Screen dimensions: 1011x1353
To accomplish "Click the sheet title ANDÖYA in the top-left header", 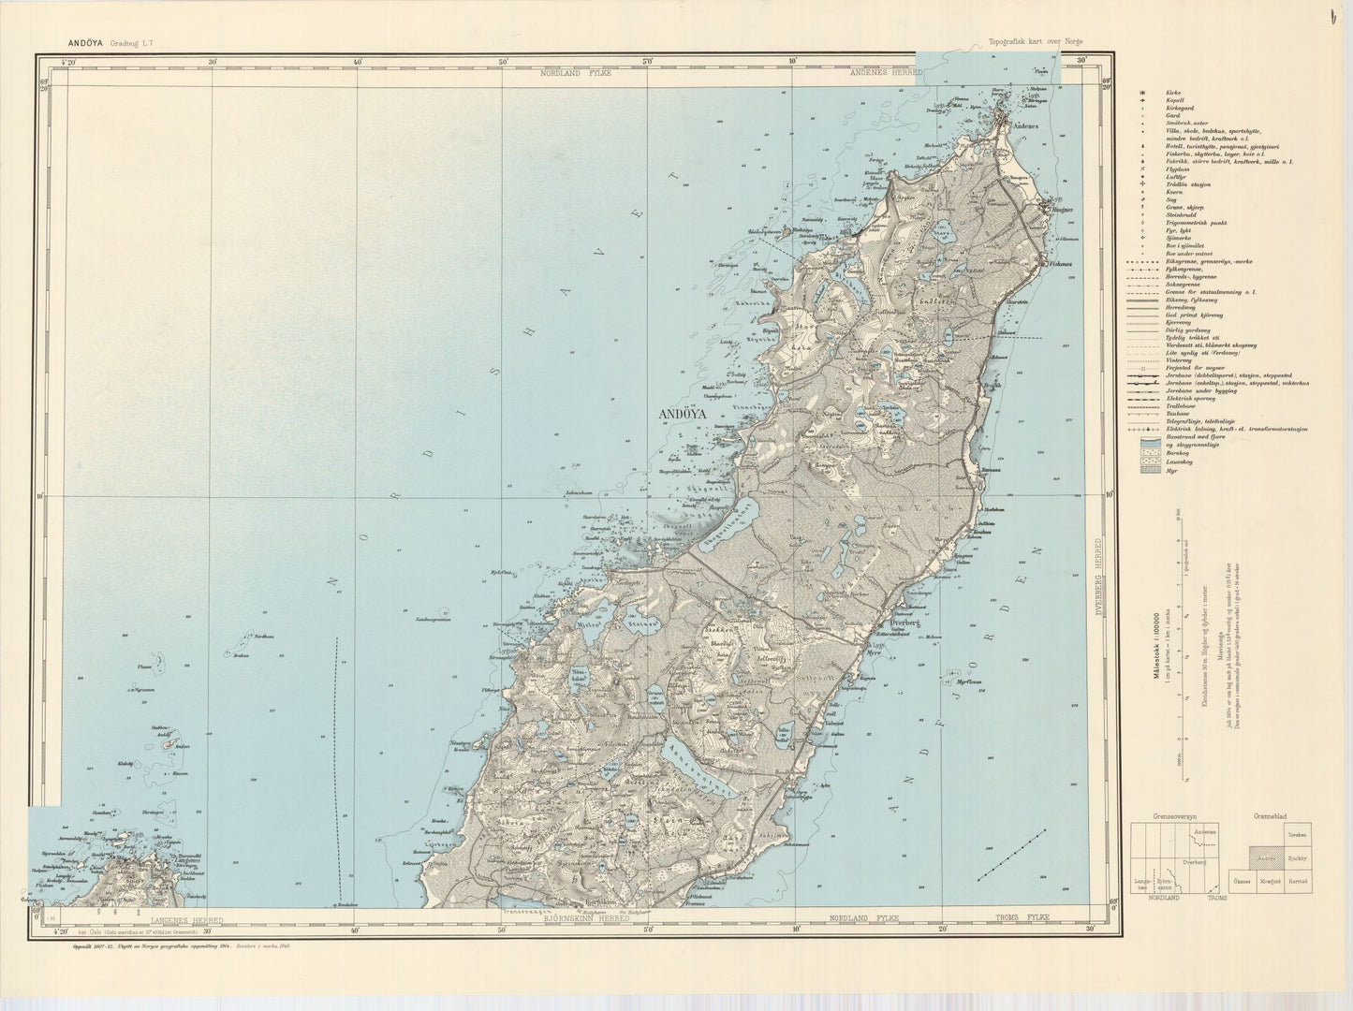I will click(x=85, y=42).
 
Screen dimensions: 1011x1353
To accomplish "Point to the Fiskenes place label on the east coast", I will click(x=1059, y=265).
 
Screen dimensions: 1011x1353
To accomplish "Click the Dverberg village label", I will click(x=903, y=620).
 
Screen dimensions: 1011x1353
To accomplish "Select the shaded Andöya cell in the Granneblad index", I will click(x=1266, y=857).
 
